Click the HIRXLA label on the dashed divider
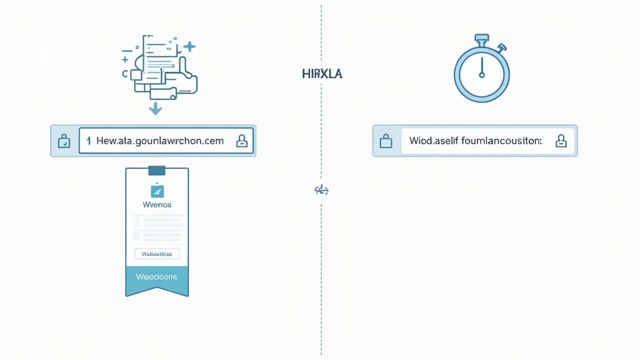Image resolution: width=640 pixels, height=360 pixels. pyautogui.click(x=322, y=74)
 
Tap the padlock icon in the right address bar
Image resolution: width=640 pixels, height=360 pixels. pyautogui.click(x=386, y=141)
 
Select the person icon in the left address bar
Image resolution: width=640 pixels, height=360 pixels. pyautogui.click(x=241, y=141)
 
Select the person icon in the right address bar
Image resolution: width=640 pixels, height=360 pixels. pyautogui.click(x=561, y=141)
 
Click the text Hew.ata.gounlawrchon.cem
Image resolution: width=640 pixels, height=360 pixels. pyautogui.click(x=160, y=141)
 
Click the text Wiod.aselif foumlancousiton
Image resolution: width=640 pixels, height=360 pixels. pyautogui.click(x=476, y=141)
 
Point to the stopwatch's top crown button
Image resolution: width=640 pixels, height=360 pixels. pyautogui.click(x=482, y=40)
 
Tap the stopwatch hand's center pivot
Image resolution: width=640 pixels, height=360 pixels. pyautogui.click(x=481, y=76)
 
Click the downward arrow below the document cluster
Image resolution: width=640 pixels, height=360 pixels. pyautogui.click(x=155, y=109)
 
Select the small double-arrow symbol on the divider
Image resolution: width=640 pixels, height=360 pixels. pyautogui.click(x=321, y=190)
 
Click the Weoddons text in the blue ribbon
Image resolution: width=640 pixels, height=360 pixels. pyautogui.click(x=156, y=276)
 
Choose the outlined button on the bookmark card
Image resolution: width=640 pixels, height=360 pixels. pyautogui.click(x=157, y=254)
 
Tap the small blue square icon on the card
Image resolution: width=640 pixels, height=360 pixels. pyautogui.click(x=156, y=191)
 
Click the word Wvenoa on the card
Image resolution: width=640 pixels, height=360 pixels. pyautogui.click(x=157, y=204)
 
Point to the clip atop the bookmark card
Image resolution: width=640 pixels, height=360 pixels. pyautogui.click(x=156, y=169)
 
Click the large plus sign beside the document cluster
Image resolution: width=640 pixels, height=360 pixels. pyautogui.click(x=189, y=46)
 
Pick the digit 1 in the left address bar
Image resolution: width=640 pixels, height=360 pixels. pyautogui.click(x=89, y=141)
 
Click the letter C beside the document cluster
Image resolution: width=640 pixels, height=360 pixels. pyautogui.click(x=125, y=74)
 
